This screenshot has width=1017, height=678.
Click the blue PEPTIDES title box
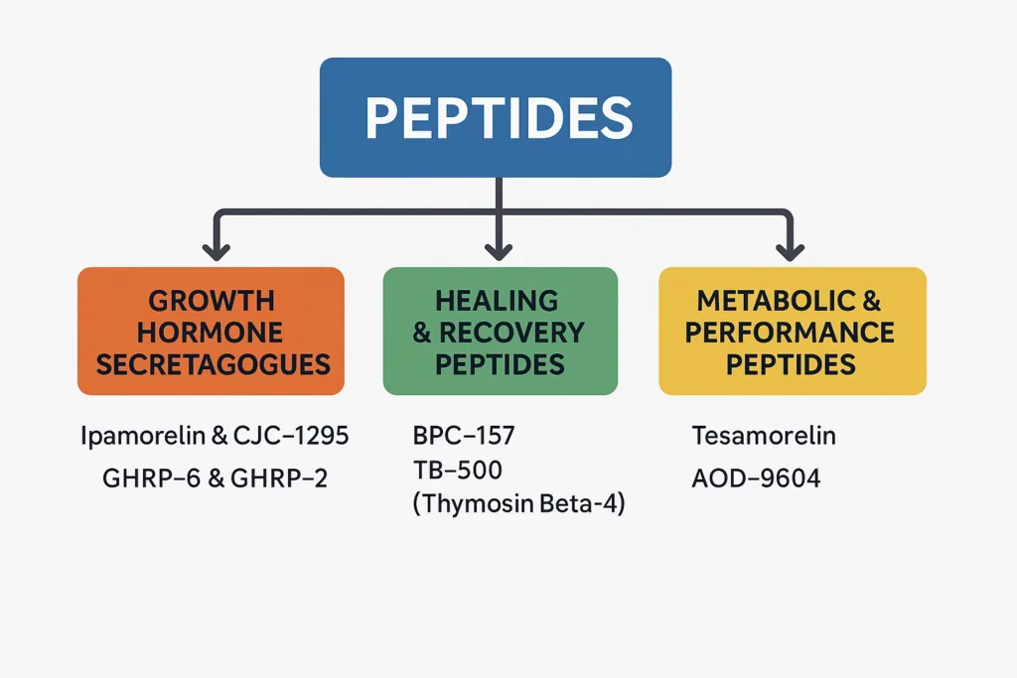496,117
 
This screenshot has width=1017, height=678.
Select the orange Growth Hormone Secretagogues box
211,332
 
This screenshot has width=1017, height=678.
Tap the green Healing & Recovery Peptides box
500,332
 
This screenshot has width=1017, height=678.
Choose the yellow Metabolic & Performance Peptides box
792,332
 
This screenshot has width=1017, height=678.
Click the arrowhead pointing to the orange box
211,250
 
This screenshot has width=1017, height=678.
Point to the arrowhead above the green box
500,250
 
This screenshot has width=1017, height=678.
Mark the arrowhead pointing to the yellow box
791,250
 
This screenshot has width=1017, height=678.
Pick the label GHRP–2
279,478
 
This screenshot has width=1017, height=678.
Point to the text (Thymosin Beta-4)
517,503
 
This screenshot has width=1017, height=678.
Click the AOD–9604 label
756,478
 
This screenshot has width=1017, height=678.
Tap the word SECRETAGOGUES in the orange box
213,364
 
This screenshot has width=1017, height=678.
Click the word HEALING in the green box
497,299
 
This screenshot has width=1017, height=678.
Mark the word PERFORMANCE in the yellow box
790,332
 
